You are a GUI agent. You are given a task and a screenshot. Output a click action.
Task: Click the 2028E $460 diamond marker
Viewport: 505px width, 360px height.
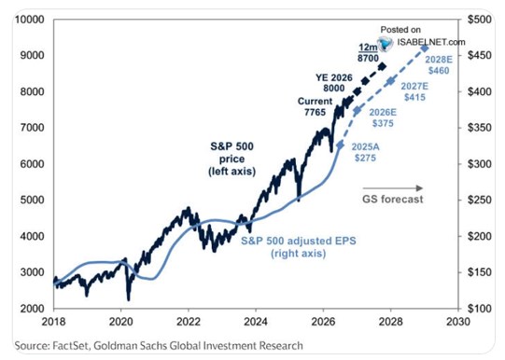[425, 48]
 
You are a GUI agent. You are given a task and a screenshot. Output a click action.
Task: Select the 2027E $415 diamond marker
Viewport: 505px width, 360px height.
[391, 81]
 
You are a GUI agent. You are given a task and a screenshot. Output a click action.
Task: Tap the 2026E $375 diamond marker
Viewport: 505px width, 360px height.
[357, 111]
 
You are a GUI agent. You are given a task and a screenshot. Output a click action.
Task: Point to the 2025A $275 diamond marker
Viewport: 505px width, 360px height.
[340, 145]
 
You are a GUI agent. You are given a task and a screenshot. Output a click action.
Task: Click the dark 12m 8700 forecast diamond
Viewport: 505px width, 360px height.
[383, 66]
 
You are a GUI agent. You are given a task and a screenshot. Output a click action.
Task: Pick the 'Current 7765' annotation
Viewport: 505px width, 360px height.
[315, 106]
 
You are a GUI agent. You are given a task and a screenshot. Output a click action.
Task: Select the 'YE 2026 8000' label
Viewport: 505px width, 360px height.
[334, 83]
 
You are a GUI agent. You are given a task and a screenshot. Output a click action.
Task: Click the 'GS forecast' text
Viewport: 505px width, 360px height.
[393, 200]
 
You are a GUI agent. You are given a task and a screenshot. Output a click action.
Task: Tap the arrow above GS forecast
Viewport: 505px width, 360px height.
[393, 188]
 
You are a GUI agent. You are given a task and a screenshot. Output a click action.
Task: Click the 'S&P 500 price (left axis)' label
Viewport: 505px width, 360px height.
[231, 159]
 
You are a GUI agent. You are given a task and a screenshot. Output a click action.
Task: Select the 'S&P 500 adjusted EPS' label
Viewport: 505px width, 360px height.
[299, 241]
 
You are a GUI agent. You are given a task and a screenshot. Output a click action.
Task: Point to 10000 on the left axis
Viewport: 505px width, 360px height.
[29, 20]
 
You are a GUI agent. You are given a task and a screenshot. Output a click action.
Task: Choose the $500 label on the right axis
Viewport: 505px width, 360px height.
[480, 20]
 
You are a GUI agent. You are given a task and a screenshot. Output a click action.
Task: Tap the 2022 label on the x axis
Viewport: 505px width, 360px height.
[188, 322]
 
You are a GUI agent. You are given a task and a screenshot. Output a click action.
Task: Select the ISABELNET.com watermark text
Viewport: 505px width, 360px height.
[431, 42]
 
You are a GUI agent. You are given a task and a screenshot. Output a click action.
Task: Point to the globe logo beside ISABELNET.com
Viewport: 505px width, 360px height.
[386, 44]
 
